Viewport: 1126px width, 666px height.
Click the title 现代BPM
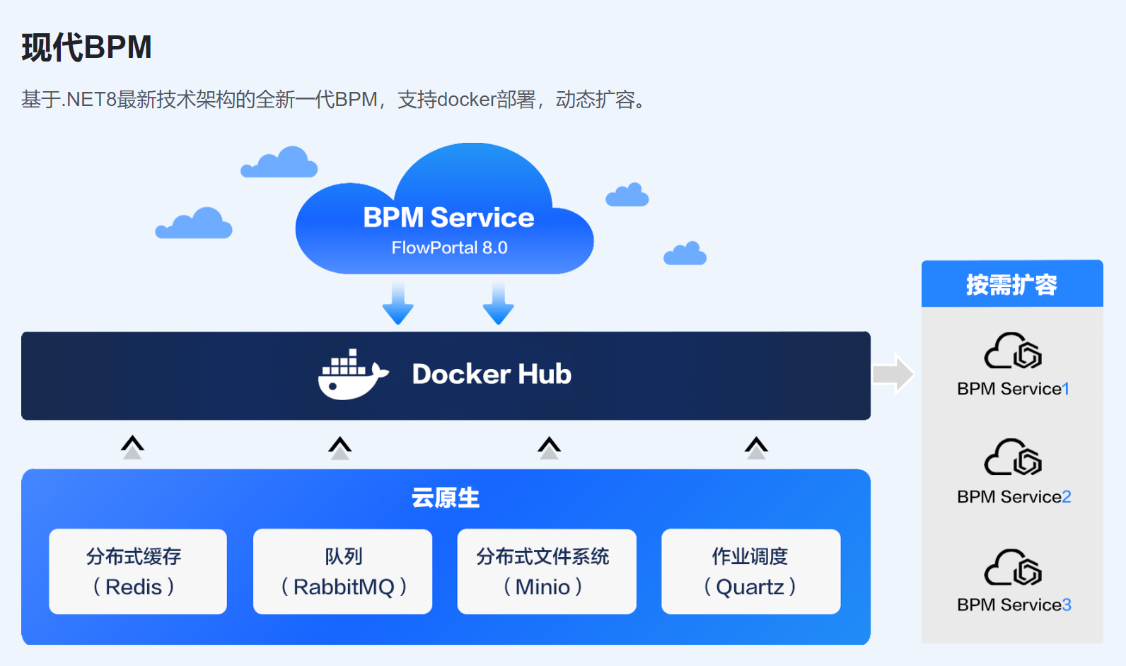click(86, 48)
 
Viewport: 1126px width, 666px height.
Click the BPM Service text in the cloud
click(448, 218)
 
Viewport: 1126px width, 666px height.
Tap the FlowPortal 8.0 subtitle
click(449, 248)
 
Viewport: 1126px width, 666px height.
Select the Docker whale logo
click(352, 375)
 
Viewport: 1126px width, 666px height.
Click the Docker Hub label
click(492, 374)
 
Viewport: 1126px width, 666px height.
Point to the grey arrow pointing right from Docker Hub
click(893, 373)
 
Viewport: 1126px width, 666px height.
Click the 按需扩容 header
click(1011, 284)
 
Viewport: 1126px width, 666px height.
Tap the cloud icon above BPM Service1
click(1013, 351)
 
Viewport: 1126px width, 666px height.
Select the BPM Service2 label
click(1014, 497)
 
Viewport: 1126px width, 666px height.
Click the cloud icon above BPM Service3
click(1013, 567)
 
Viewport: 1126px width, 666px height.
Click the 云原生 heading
click(446, 498)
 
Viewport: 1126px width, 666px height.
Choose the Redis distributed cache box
click(138, 571)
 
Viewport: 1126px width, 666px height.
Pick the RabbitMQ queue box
click(342, 571)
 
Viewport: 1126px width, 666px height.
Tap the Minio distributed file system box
click(547, 571)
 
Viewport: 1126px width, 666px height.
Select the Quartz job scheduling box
click(750, 571)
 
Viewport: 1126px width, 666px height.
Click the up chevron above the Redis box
click(132, 447)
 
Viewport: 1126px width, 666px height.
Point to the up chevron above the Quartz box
click(756, 447)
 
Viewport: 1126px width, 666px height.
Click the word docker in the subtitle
click(466, 100)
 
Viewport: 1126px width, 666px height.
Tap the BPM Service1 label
click(1013, 389)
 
